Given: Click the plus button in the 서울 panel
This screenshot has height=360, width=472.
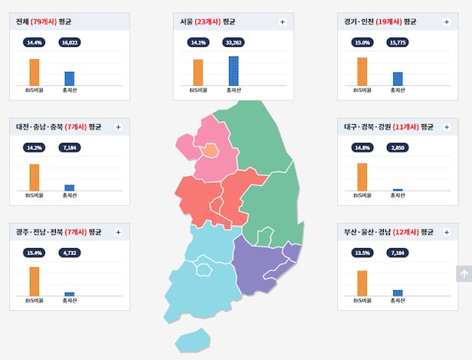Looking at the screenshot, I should (x=282, y=21).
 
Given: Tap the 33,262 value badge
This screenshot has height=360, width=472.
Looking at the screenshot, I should (x=233, y=43).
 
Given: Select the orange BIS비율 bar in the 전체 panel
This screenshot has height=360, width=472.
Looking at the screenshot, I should (x=34, y=72).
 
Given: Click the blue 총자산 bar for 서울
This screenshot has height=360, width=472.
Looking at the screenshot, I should (x=233, y=70).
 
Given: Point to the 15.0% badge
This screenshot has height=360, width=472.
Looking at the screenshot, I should (x=362, y=43).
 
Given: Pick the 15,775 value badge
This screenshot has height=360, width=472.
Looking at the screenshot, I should (x=397, y=43).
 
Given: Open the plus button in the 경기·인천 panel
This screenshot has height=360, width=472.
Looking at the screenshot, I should (x=446, y=21).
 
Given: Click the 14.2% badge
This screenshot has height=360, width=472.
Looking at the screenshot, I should (x=34, y=148).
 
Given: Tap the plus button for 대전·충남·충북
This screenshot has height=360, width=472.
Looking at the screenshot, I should (x=118, y=127).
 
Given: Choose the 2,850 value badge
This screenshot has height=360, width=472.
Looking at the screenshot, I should (x=397, y=148).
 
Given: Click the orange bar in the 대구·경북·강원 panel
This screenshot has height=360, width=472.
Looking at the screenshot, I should (x=362, y=176).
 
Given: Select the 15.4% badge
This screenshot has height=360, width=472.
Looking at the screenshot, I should (x=34, y=253).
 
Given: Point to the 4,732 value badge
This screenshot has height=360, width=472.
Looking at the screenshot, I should (x=69, y=253).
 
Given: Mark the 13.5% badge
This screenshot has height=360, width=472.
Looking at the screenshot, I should (x=362, y=253).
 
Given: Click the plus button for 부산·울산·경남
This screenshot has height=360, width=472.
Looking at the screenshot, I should (x=446, y=232).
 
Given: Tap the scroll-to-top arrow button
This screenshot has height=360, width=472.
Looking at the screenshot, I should (x=464, y=273).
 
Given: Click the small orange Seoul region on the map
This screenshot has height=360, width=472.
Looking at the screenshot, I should (x=208, y=150).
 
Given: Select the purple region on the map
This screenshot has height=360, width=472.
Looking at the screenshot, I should (x=261, y=264).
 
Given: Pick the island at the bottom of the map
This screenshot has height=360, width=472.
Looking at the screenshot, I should (x=192, y=339).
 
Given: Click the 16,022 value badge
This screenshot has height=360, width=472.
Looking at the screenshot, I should (x=69, y=43).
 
